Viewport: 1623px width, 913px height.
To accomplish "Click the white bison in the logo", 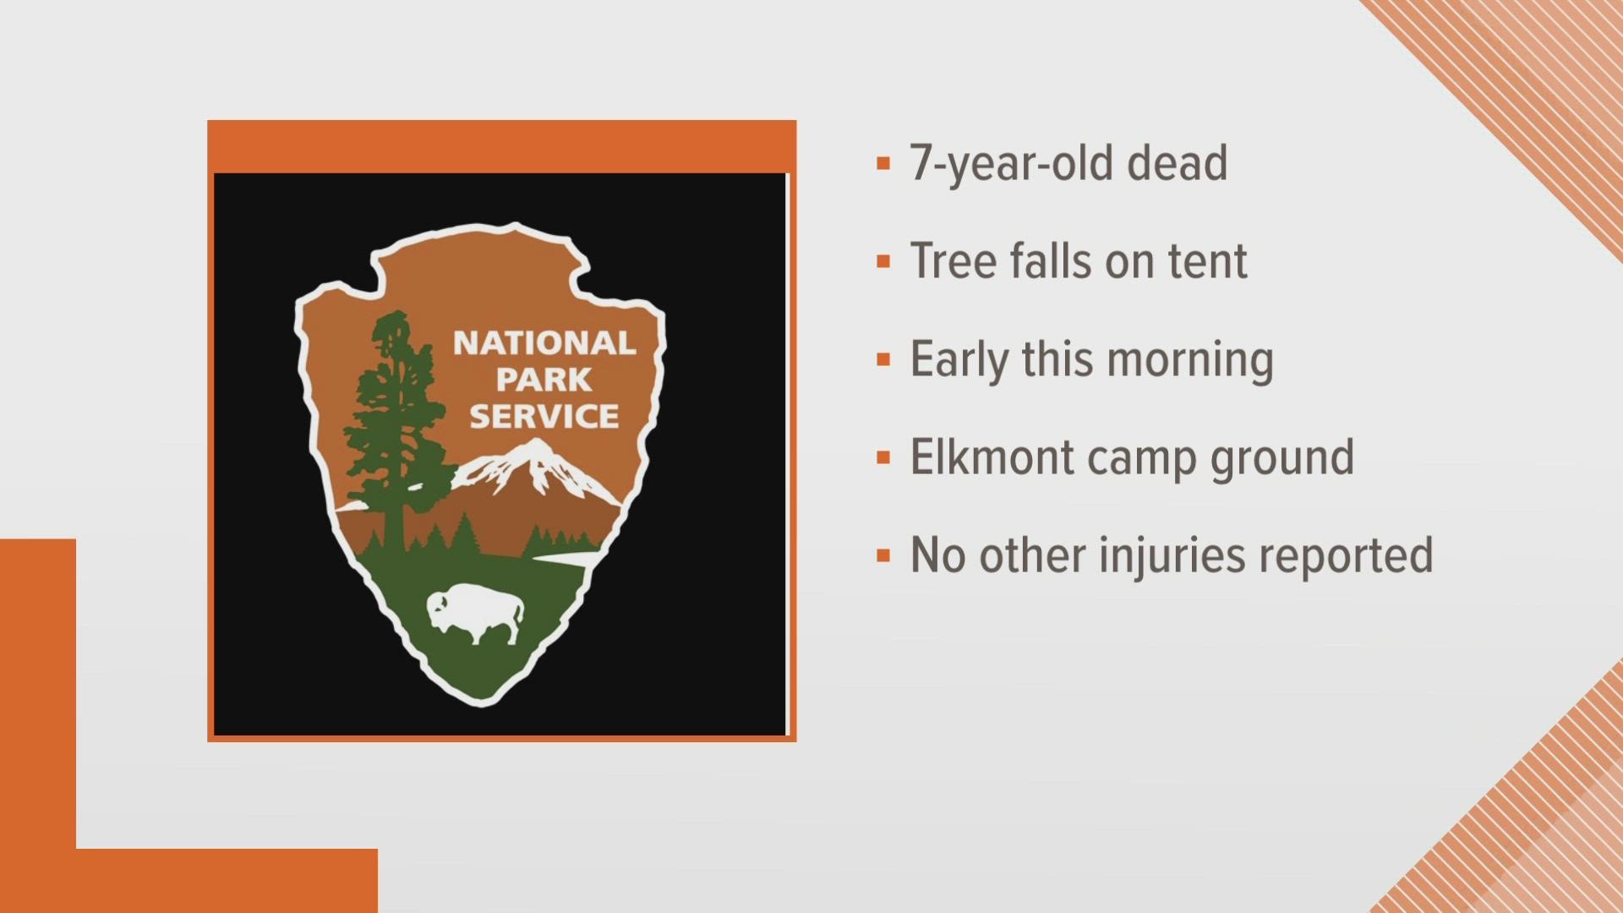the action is click(474, 615).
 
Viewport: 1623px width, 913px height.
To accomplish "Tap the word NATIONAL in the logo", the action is click(544, 343).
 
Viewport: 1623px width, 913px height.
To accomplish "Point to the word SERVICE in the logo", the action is click(544, 416).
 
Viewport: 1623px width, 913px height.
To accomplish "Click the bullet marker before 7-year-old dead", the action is click(883, 164).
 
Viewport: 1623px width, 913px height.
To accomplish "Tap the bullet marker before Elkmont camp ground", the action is click(883, 459).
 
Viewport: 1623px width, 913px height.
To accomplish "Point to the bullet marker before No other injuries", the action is click(883, 557).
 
